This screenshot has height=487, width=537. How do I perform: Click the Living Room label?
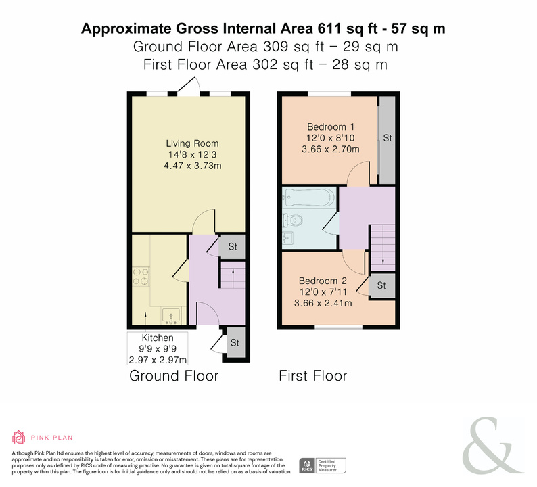(192, 143)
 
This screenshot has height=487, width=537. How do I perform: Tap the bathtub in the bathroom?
(308, 198)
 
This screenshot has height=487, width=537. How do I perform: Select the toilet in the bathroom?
(291, 221)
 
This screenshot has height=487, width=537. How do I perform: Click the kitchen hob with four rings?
(141, 277)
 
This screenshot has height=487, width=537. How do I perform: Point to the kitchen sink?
(171, 316)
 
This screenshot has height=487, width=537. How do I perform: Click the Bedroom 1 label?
(331, 127)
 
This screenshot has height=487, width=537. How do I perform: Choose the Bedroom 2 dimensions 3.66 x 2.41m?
(323, 303)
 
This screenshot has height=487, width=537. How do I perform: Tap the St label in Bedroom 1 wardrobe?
(388, 138)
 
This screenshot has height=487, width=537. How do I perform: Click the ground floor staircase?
(233, 275)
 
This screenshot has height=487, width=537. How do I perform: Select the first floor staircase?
(383, 248)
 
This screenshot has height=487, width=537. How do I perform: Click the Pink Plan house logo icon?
(18, 437)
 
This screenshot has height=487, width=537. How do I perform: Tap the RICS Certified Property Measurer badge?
(323, 466)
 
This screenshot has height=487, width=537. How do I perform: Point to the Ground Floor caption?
(174, 376)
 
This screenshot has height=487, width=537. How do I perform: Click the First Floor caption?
(313, 376)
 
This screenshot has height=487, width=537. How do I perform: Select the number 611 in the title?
(330, 29)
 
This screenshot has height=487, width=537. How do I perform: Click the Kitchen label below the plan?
(158, 338)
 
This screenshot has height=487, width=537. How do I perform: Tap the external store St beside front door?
(235, 343)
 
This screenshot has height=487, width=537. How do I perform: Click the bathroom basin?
(287, 237)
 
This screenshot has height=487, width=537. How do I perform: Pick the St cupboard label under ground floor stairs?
(233, 247)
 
